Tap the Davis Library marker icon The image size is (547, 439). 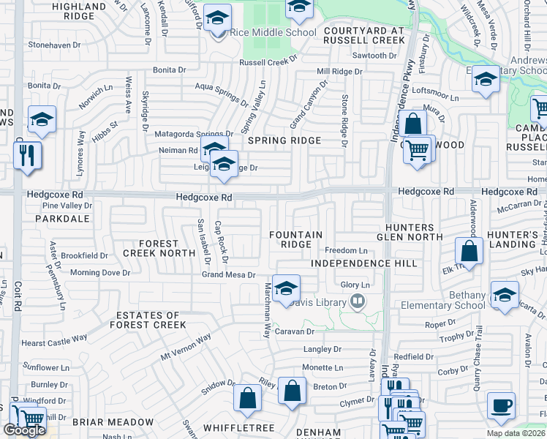[x=358, y=300]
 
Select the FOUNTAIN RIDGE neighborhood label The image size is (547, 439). [x=296, y=239]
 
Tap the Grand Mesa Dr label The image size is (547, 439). [x=229, y=275]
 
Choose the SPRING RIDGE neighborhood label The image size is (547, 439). [x=284, y=140]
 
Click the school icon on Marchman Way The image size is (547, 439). [x=287, y=288]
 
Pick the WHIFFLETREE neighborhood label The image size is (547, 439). [x=228, y=427]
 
